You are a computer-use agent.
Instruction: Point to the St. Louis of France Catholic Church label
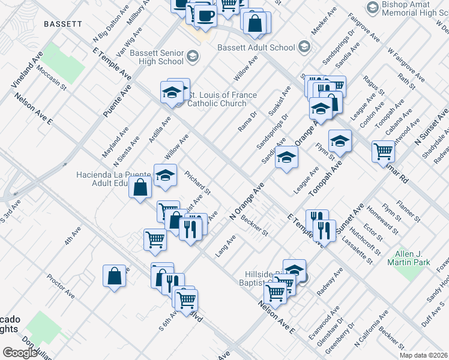pyautogui.click(x=222, y=99)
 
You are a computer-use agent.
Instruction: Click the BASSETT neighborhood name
pyautogui.click(x=62, y=24)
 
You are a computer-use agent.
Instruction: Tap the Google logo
pyautogui.click(x=20, y=352)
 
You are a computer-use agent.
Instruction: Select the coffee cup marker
pyautogui.click(x=205, y=15)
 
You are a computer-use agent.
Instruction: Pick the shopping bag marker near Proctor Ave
pyautogui.click(x=113, y=276)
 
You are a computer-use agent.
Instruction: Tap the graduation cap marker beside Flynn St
pyautogui.click(x=340, y=140)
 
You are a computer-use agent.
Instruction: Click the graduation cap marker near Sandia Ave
pyautogui.click(x=287, y=157)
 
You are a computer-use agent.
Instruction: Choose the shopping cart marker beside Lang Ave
pyautogui.click(x=155, y=239)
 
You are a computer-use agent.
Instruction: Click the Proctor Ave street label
pyautogui.click(x=61, y=287)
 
